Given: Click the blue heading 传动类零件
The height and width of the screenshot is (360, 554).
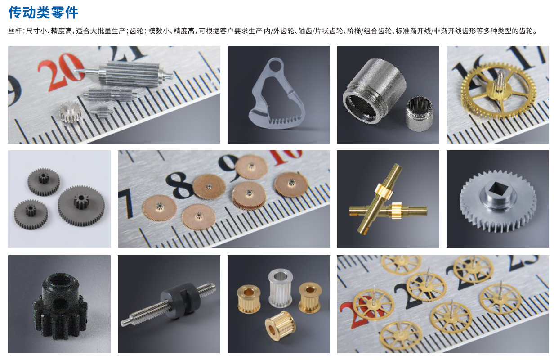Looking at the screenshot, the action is click(43, 12).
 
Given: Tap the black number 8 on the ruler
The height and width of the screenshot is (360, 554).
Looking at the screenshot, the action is click(180, 185).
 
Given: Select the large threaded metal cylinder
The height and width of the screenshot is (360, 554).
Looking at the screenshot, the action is click(375, 90).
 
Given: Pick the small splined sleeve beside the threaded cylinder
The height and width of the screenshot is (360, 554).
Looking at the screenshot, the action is click(420, 113).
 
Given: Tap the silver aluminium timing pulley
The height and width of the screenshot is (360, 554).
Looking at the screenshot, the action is click(281, 288).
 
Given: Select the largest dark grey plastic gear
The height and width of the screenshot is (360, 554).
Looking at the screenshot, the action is click(81, 206).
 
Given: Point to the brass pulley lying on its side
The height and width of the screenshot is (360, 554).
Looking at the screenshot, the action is click(280, 326).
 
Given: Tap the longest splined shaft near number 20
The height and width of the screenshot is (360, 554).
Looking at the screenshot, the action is click(124, 73).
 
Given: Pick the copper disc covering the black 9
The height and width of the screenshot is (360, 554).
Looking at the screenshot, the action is click(251, 166).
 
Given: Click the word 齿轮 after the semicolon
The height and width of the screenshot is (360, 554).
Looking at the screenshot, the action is click(136, 31).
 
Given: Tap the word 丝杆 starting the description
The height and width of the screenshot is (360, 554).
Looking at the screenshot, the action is click(15, 31).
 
